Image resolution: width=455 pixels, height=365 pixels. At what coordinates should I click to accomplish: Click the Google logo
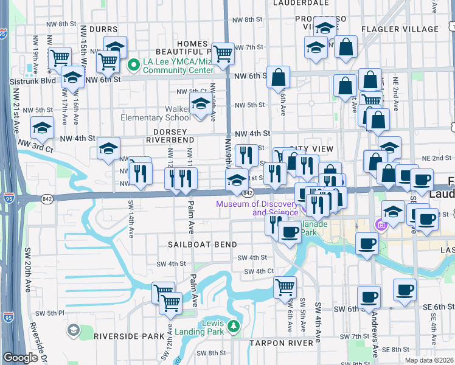tap(20, 358)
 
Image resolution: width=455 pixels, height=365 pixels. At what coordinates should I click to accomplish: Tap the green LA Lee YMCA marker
tap(135, 63)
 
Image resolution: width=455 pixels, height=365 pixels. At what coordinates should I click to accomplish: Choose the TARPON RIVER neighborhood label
tap(280, 344)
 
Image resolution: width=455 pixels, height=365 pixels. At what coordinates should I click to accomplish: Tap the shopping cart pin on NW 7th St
tap(223, 54)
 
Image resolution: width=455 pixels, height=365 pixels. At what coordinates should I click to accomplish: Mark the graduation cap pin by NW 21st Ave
tap(42, 128)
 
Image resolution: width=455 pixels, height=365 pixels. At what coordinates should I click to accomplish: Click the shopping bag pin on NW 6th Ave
tap(278, 77)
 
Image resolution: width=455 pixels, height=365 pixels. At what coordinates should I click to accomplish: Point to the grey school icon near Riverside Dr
tap(73, 330)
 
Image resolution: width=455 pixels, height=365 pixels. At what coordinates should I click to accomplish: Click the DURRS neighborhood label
tap(103, 29)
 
